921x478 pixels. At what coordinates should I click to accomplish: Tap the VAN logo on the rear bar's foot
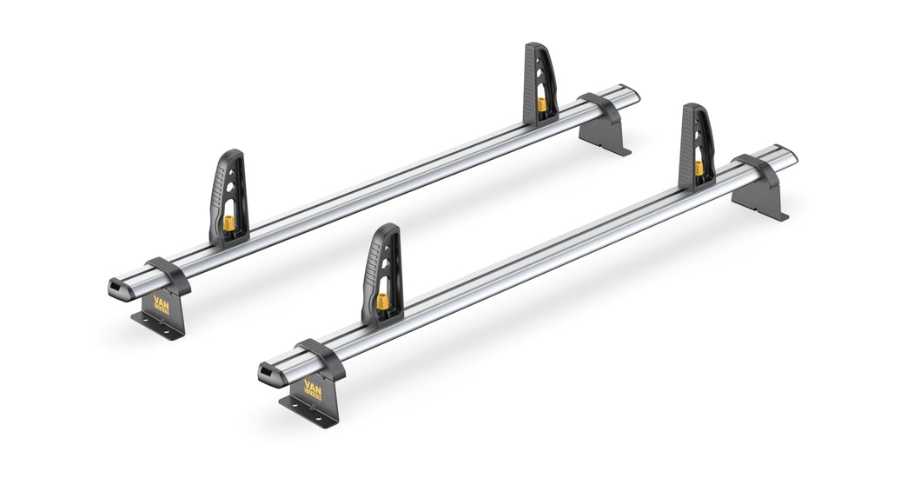pos(162,305)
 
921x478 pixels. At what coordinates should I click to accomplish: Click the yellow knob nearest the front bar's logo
pos(381,302)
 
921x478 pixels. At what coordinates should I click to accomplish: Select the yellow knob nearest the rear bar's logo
pos(229,223)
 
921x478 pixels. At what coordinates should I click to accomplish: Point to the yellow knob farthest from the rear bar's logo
pos(542,104)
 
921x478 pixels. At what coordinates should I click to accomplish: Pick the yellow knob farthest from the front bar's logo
pos(699,167)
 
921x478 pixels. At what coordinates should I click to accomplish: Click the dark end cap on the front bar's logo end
pos(268,374)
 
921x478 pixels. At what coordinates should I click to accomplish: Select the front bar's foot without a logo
pos(760,197)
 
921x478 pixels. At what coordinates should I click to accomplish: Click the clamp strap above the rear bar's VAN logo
pos(169,274)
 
